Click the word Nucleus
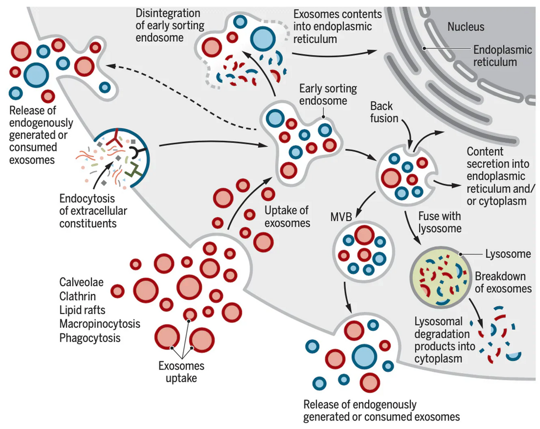click(465, 27)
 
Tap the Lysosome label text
click(508, 254)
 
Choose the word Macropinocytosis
click(100, 324)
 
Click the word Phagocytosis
click(90, 338)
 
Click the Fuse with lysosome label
click(440, 222)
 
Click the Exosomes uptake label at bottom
click(181, 372)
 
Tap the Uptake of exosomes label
click(287, 217)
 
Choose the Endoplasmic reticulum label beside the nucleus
click(494, 56)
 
